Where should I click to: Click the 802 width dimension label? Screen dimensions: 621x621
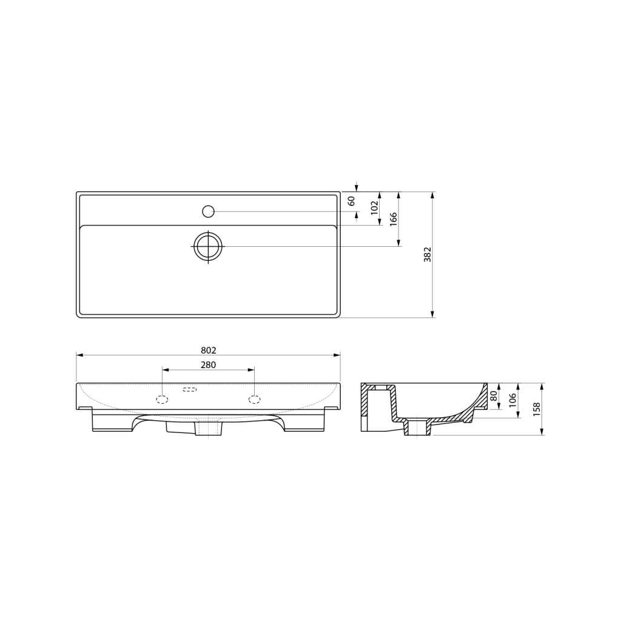click(209, 351)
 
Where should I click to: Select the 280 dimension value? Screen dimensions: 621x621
click(209, 364)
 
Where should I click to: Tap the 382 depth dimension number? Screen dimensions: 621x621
click(428, 255)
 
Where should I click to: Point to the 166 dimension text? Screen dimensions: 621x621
click(393, 219)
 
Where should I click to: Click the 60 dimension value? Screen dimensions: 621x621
click(351, 201)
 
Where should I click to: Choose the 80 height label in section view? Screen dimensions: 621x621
click(494, 395)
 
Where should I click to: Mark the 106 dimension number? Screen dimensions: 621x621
click(513, 400)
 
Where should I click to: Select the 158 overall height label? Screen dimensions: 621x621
click(537, 409)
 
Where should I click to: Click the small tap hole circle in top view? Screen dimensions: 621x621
click(208, 212)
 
